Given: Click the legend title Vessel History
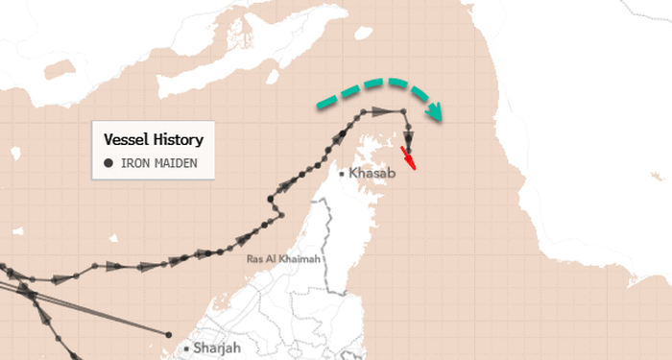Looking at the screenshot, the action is coord(153,139).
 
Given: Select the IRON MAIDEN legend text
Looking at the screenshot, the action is coord(158,163).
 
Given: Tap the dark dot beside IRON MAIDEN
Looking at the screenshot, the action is coord(108,163).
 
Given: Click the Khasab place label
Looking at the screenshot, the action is coord(372,173).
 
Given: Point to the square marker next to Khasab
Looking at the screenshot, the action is coord(343,173).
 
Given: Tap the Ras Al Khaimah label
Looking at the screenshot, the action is coord(282,259).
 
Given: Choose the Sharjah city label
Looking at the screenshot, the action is coord(217,348).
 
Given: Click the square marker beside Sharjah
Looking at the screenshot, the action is coord(185,348).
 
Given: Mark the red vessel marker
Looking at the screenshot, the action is coord(410,156).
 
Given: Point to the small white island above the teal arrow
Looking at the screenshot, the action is coord(363,34).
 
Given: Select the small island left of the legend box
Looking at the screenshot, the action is coord(15,152).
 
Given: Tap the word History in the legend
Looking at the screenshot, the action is coord(179,139).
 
